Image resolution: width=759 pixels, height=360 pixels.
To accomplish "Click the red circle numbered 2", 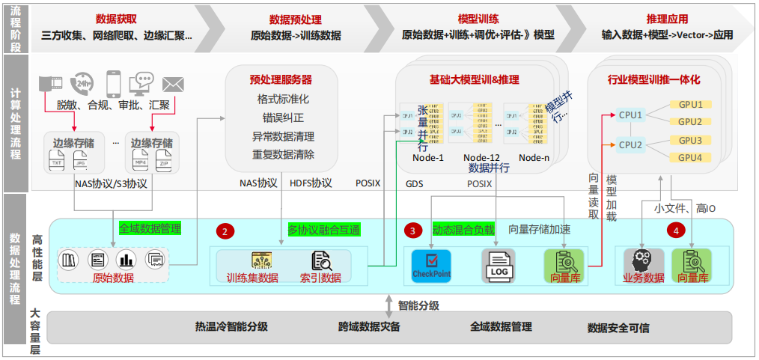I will click(226, 231).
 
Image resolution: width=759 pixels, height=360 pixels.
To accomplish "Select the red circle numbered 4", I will click(676, 231).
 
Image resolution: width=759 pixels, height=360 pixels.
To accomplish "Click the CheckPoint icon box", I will click(432, 264).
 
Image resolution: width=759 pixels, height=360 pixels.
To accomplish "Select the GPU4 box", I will click(689, 158).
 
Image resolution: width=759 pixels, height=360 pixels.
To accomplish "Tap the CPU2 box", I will click(631, 144).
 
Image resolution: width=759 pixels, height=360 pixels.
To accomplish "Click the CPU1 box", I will click(631, 115).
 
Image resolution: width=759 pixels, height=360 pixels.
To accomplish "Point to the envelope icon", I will click(174, 82).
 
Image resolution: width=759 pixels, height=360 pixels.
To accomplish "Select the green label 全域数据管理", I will click(150, 228).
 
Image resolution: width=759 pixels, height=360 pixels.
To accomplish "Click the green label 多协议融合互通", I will click(324, 228).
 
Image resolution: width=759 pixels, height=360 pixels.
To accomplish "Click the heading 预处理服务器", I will click(281, 79).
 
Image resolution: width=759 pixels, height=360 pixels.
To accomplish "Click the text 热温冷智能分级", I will click(231, 327).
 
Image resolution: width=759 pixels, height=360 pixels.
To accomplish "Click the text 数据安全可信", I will click(618, 328).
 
